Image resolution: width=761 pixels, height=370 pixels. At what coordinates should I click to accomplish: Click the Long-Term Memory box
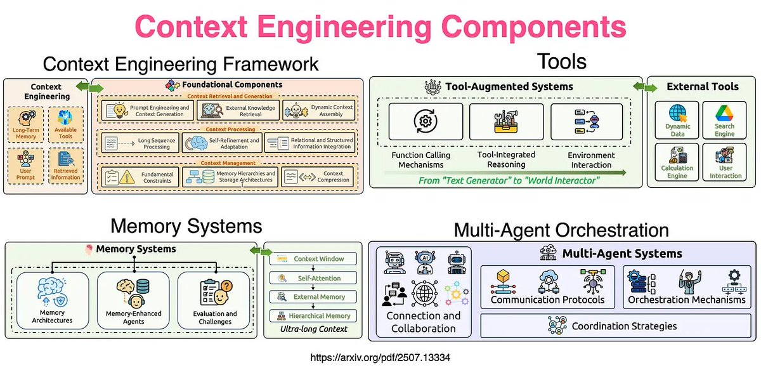pyautogui.click(x=26, y=124)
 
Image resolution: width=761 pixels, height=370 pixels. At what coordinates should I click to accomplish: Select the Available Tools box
pyautogui.click(x=65, y=124)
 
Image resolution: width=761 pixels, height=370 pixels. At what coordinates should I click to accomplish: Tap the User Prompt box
pyautogui.click(x=26, y=166)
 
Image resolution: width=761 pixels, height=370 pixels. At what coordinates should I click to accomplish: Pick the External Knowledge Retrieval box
pyautogui.click(x=238, y=110)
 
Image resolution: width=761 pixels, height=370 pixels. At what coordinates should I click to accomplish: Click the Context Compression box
pyautogui.click(x=317, y=177)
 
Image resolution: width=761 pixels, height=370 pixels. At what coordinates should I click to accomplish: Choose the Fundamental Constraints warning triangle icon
pyautogui.click(x=127, y=177)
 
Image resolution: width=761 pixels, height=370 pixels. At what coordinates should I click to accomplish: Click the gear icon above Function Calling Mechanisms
pyautogui.click(x=426, y=121)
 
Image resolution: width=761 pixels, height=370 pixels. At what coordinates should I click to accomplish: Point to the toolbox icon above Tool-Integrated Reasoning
pyautogui.click(x=506, y=121)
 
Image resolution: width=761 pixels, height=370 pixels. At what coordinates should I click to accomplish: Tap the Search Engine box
pyautogui.click(x=724, y=120)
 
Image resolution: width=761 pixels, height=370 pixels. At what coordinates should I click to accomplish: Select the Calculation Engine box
pyautogui.click(x=677, y=162)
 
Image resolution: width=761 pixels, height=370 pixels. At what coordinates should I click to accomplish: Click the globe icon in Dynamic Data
pyautogui.click(x=678, y=113)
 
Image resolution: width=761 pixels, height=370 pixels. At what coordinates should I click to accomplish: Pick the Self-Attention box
pyautogui.click(x=313, y=278)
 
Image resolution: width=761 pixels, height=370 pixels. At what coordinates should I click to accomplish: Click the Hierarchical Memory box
pyautogui.click(x=313, y=315)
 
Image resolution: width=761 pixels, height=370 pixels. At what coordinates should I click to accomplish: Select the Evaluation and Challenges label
pyautogui.click(x=215, y=317)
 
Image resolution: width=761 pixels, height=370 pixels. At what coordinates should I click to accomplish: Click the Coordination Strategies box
pyautogui.click(x=616, y=326)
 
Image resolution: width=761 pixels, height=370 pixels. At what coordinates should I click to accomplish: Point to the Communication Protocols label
pyautogui.click(x=547, y=300)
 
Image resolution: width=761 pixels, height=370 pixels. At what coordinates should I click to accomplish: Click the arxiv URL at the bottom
pyautogui.click(x=380, y=357)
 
